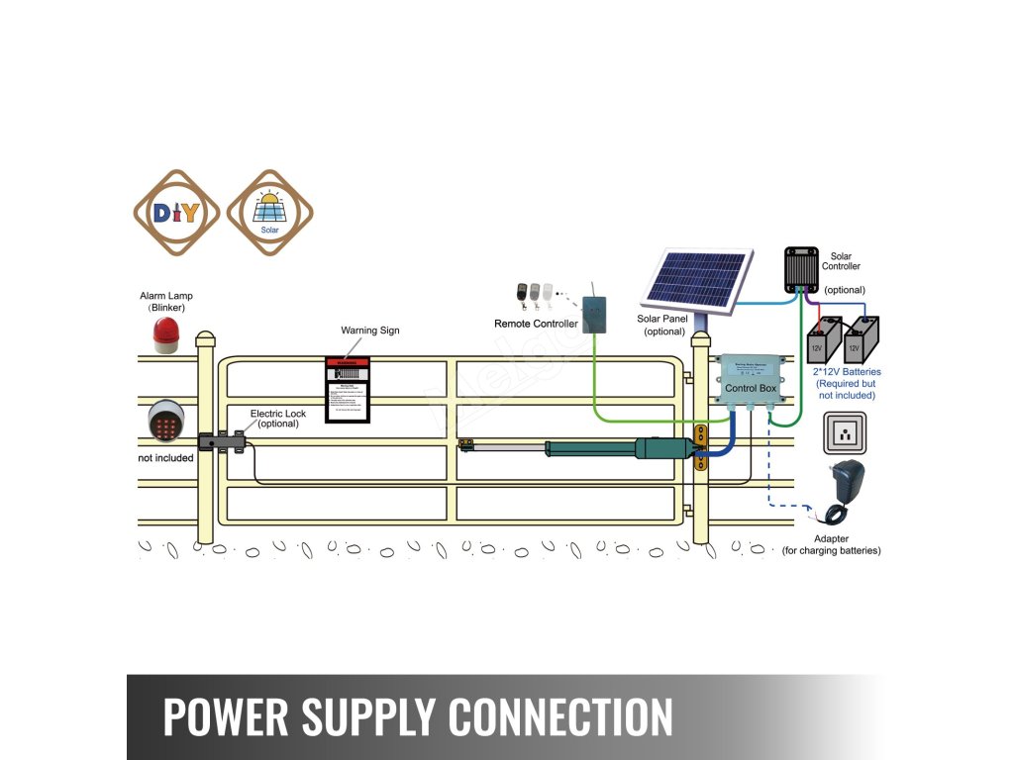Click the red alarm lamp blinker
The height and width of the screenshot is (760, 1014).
coord(165,336)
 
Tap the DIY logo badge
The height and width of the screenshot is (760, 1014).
coord(177,213)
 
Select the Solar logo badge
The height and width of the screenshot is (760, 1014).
coord(269,213)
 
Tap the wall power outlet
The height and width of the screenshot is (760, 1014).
coord(845,432)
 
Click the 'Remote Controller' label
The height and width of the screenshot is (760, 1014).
coord(536,324)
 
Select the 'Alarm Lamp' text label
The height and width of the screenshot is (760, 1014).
coord(166,296)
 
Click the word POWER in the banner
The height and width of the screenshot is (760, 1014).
coord(227,716)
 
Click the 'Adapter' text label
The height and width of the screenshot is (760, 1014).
coord(831,538)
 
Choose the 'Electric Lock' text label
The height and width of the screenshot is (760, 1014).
coord(278,413)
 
